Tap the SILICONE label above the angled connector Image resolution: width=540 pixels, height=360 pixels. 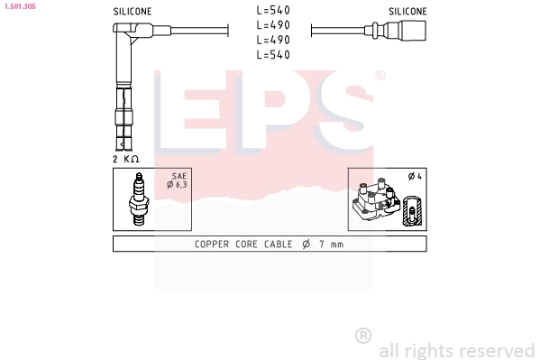(133, 12)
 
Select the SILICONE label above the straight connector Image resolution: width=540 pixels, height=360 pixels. (407, 12)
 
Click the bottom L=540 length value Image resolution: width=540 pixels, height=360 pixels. (272, 55)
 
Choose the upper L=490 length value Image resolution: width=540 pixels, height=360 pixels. (272, 25)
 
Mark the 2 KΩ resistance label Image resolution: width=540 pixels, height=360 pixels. (127, 159)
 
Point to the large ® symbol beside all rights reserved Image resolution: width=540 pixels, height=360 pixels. (363, 336)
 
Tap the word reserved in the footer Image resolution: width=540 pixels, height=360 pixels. (497, 350)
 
